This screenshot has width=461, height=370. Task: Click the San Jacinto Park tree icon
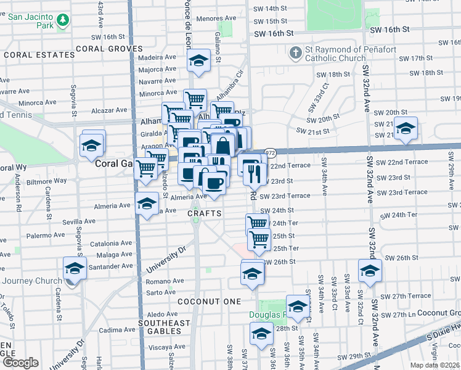(x=62, y=21)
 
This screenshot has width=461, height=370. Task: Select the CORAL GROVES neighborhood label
(x=109, y=48)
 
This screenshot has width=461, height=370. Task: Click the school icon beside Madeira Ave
(x=198, y=61)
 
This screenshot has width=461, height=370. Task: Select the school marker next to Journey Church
(x=74, y=268)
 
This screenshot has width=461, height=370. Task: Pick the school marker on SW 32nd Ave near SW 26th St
(x=370, y=270)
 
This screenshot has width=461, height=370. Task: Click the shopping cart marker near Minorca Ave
(x=195, y=99)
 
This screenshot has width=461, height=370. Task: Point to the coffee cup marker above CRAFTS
(x=214, y=183)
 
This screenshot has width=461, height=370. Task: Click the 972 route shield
(x=270, y=152)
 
